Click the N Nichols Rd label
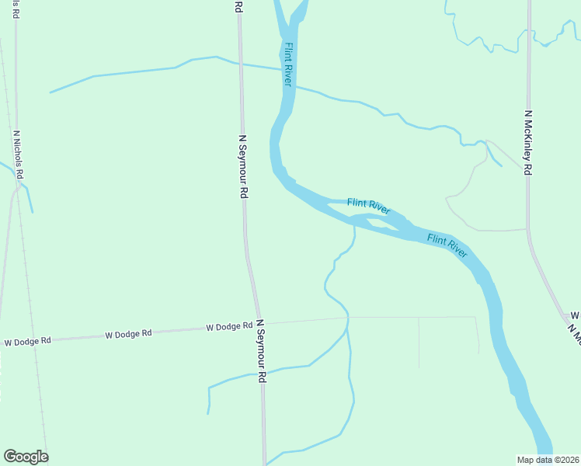(x=19, y=154)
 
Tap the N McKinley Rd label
(x=528, y=142)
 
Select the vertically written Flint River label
(x=288, y=64)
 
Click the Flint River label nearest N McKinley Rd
(x=447, y=245)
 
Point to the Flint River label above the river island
(x=368, y=206)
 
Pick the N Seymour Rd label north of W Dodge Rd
(x=243, y=166)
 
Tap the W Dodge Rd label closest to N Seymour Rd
(x=229, y=327)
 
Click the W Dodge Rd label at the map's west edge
(x=27, y=341)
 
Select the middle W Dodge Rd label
(x=128, y=335)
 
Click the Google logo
(x=26, y=457)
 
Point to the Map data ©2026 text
(x=548, y=459)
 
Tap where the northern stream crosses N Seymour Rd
(x=240, y=64)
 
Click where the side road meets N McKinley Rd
(x=527, y=229)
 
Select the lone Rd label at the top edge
(x=238, y=6)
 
